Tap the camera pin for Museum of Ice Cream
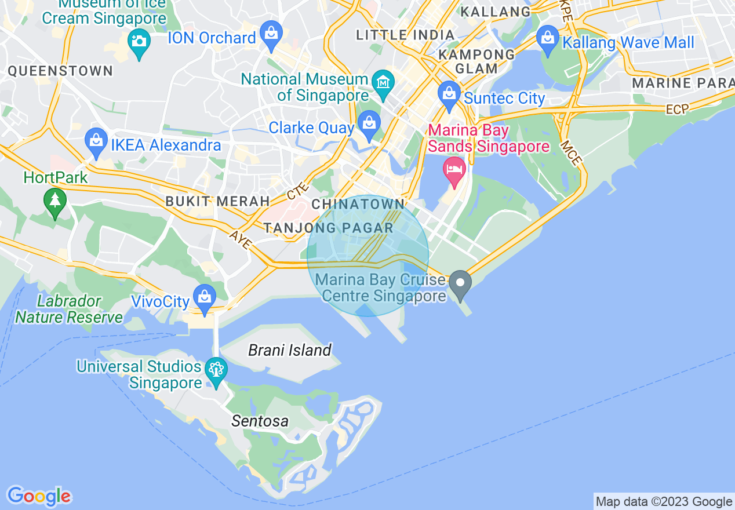(x=139, y=43)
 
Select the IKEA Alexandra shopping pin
(x=96, y=141)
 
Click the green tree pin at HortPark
(x=55, y=201)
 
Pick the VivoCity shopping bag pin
(x=204, y=297)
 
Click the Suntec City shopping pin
(x=449, y=94)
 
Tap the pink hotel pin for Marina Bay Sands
(x=454, y=170)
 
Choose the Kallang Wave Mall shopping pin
(x=547, y=39)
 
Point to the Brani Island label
(x=289, y=350)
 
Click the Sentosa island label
(x=260, y=421)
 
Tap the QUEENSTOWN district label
(x=60, y=71)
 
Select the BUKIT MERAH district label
(x=217, y=202)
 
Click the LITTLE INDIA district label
(x=405, y=35)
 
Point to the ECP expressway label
(x=676, y=110)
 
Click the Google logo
(x=39, y=496)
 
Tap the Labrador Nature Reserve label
(x=69, y=309)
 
